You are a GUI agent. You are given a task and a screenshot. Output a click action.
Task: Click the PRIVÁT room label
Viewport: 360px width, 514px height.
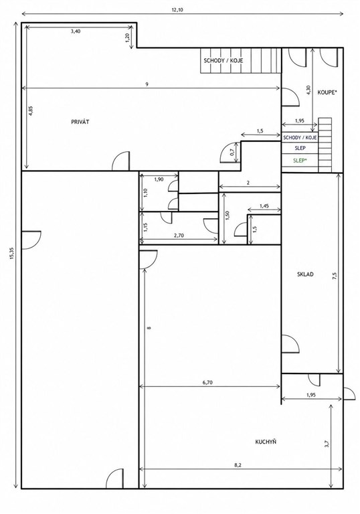tap(80, 122)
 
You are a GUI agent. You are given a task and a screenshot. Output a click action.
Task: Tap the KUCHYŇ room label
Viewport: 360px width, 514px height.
tap(266, 442)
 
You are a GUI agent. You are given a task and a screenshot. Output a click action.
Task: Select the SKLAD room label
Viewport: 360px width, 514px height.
tap(305, 274)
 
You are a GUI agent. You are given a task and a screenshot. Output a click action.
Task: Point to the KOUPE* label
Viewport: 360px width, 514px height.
tap(327, 93)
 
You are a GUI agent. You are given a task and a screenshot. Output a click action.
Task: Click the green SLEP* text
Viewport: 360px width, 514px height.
tap(300, 161)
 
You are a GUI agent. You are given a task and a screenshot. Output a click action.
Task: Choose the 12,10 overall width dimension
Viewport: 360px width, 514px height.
tap(177, 9)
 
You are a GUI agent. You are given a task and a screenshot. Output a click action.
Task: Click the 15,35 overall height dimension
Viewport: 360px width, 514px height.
tap(12, 254)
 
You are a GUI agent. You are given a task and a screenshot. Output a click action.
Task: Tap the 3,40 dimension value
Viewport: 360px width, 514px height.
tap(76, 31)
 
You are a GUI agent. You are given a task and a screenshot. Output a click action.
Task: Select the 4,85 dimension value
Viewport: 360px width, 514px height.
tap(31, 110)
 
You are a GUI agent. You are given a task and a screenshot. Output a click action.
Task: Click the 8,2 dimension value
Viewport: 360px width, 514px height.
tap(238, 465)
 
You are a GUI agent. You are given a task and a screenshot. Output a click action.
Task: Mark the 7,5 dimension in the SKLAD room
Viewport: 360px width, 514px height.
tap(335, 276)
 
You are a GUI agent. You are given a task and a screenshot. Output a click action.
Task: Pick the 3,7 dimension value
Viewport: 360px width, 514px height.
tap(327, 444)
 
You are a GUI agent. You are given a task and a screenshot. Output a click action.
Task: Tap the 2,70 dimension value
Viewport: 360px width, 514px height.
tap(179, 235)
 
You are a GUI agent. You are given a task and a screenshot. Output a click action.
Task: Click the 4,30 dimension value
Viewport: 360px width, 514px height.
tap(308, 90)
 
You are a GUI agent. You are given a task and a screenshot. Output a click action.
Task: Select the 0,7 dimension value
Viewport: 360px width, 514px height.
tap(232, 152)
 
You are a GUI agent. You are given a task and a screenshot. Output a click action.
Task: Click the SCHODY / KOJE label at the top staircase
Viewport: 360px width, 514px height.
tap(223, 61)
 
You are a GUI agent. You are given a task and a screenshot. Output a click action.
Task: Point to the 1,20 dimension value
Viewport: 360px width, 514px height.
tap(128, 37)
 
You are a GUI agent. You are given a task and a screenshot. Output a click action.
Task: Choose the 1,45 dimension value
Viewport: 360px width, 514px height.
tap(264, 206)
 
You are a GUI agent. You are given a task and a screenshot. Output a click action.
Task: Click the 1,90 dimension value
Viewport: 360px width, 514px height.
tap(159, 179)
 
